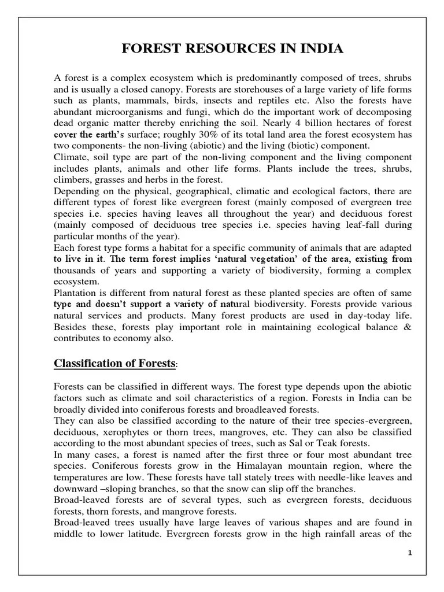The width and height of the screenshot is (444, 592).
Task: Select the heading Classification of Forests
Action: click(x=114, y=363)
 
